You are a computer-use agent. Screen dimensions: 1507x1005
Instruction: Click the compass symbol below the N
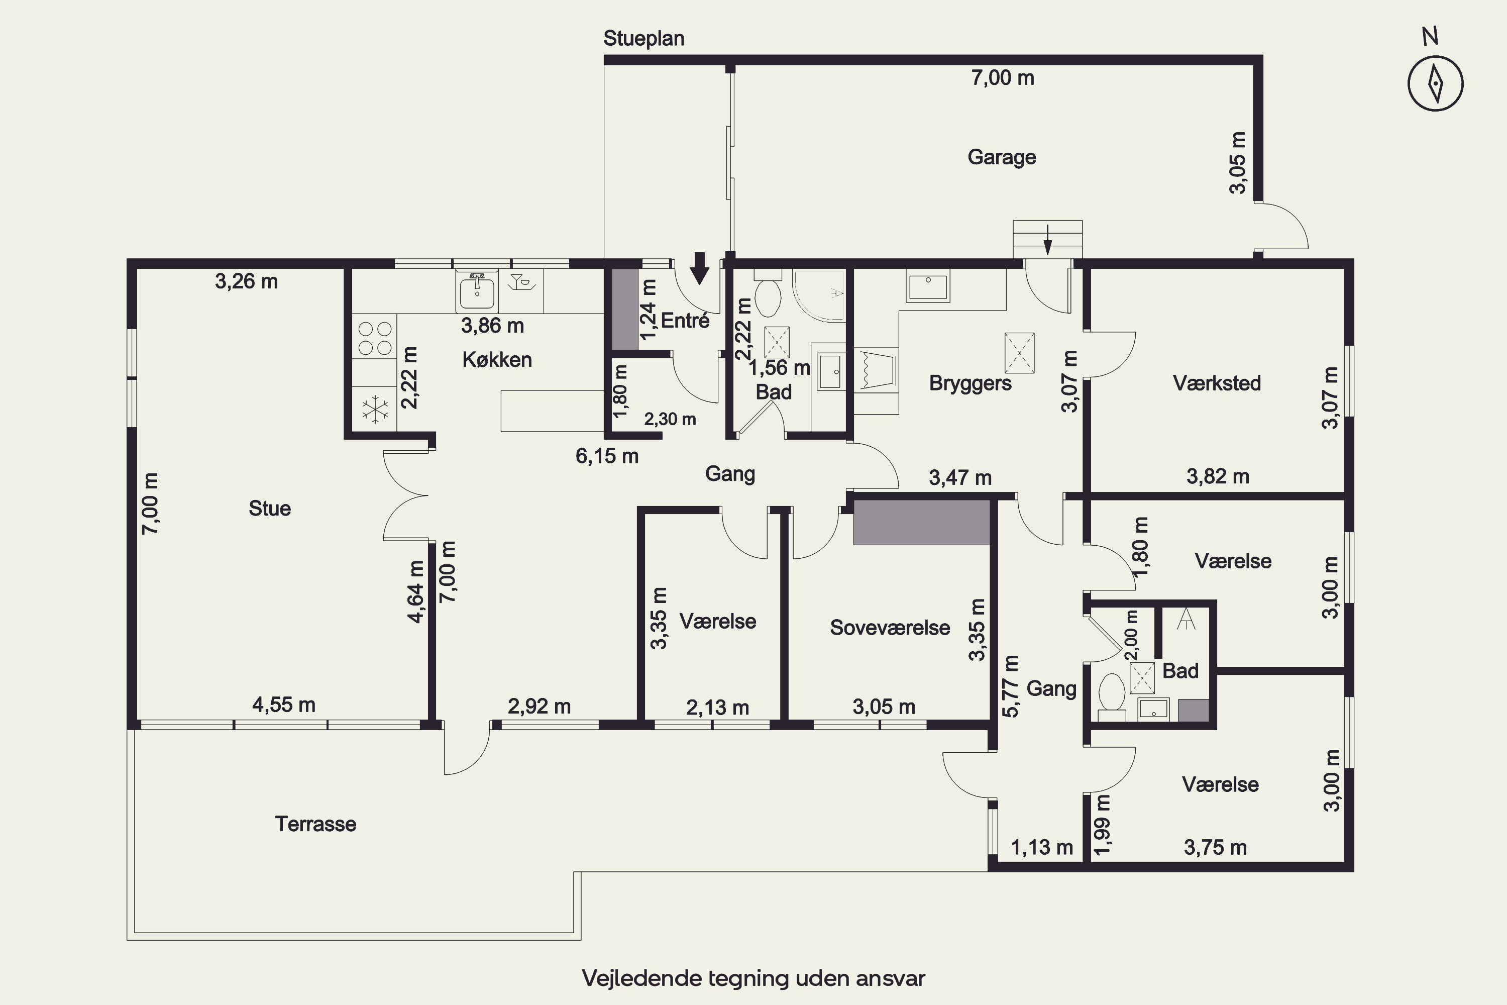[x=1435, y=84]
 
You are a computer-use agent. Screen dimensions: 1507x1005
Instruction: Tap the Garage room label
[x=1002, y=157]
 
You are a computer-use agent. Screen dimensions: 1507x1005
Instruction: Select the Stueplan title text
[x=644, y=39]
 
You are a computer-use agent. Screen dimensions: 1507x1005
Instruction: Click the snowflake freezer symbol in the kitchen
[x=375, y=410]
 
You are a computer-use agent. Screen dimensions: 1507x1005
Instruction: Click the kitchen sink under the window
[x=477, y=291]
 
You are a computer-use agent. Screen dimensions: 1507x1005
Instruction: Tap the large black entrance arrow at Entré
[x=700, y=268]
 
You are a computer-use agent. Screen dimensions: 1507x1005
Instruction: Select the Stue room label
[x=270, y=508]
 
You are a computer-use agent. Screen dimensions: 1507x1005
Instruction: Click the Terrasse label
[x=315, y=824]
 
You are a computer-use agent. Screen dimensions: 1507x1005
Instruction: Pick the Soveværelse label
[x=890, y=628]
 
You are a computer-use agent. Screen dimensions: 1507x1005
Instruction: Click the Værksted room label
[x=1217, y=383]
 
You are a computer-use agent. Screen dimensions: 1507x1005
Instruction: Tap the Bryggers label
[x=970, y=383]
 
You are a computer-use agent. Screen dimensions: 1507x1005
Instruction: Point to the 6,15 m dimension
[x=607, y=456]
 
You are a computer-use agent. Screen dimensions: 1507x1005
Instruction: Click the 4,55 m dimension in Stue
[x=284, y=705]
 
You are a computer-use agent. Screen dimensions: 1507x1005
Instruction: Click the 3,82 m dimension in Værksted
[x=1217, y=476]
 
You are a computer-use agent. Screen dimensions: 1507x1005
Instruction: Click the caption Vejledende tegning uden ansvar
[x=753, y=978]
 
